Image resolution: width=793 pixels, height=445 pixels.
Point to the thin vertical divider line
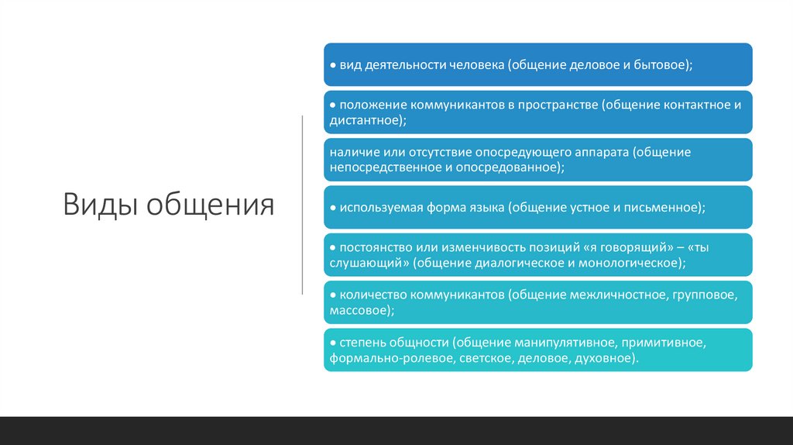(302, 205)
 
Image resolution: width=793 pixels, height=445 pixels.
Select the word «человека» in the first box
(475, 66)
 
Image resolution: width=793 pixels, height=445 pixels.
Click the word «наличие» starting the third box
(350, 152)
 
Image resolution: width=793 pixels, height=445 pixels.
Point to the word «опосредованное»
(512, 167)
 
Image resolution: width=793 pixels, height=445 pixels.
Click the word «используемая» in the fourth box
(376, 208)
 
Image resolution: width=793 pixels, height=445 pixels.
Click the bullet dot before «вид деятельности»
(331, 66)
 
